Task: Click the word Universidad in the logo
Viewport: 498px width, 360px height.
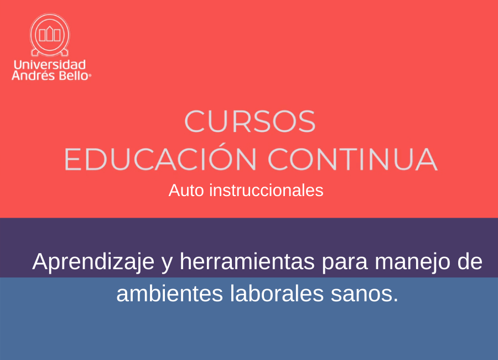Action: (x=50, y=65)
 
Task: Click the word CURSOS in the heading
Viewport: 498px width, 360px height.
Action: (x=250, y=121)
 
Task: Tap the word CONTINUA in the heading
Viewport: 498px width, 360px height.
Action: (x=352, y=159)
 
